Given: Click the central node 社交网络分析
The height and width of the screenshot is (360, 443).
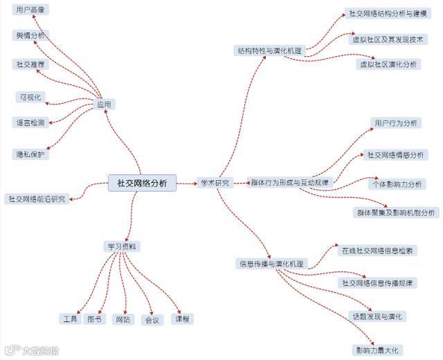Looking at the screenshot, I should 142,183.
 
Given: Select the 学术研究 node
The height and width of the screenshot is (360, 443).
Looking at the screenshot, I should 215,183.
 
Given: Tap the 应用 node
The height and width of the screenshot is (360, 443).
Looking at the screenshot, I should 105,104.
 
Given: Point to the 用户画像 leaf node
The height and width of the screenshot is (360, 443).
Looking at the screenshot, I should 30,10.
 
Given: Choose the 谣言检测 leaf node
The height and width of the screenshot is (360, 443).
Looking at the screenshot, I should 30,123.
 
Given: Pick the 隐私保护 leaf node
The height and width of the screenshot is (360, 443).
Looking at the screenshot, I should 30,154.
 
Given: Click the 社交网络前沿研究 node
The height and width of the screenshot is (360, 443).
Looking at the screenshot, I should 37,199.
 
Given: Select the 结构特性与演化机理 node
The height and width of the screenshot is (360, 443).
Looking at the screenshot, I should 270,51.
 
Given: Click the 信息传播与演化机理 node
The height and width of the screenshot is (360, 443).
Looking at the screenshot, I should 271,263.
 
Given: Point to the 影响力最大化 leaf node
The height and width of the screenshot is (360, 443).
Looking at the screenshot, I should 378,349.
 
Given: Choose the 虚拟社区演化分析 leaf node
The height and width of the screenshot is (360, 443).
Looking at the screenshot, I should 388,64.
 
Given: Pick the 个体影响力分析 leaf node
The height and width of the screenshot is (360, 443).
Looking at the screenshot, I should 397,184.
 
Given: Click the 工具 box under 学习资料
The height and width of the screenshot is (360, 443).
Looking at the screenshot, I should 70,319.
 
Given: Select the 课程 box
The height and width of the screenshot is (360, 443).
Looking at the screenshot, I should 183,319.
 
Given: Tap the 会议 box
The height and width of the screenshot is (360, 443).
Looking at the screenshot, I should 152,320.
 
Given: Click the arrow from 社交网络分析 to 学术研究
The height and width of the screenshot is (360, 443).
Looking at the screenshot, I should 186,183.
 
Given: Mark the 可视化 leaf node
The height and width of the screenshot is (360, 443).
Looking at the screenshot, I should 30,97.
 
